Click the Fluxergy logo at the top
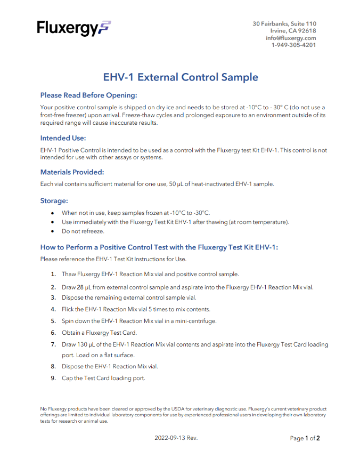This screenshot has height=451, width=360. click(74, 28)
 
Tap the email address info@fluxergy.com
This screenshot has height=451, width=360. click(291, 38)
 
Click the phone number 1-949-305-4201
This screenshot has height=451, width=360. click(293, 45)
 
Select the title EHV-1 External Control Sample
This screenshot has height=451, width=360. click(181, 77)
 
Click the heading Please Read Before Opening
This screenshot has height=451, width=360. click(89, 95)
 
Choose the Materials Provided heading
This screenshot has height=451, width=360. click(72, 172)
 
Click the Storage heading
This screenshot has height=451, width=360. click(54, 201)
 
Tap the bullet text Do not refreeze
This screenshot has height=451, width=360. click(83, 231)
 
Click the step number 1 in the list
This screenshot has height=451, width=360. click(53, 274)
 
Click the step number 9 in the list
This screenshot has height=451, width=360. click(53, 378)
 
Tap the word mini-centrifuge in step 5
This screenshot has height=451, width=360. click(193, 321)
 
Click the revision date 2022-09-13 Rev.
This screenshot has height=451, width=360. click(176, 438)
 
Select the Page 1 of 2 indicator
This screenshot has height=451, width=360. click(305, 438)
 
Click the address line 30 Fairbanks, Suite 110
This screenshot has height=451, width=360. click(284, 24)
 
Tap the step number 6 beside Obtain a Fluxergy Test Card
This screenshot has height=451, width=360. click(53, 333)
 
